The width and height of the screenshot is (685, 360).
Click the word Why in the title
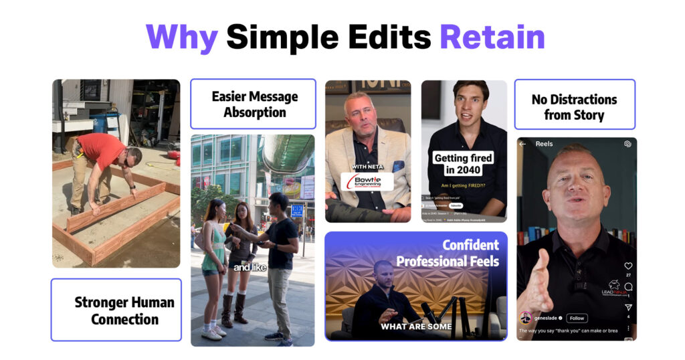point(181,37)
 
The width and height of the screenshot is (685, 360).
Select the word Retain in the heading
point(492,37)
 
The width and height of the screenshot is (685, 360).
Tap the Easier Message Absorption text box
point(253,104)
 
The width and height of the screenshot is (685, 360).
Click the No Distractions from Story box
point(574,107)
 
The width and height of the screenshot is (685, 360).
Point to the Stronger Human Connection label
point(116,310)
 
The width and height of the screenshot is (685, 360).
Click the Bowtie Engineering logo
point(367,181)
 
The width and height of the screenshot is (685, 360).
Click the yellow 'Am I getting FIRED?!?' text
point(463,185)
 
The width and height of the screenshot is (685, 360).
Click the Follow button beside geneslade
point(577,319)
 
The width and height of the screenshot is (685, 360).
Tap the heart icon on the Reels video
point(627,266)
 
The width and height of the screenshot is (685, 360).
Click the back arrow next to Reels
point(522,144)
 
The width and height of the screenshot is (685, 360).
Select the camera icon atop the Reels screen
point(627,144)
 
